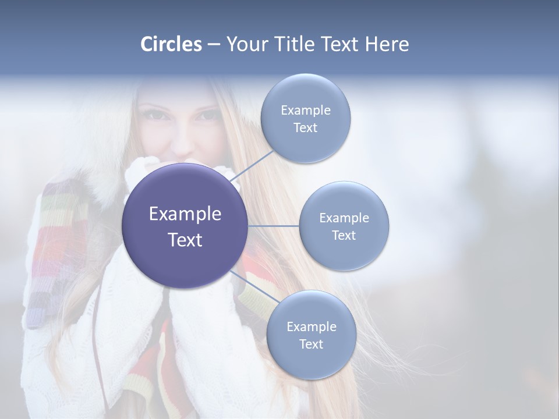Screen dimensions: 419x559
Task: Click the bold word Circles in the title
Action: click(x=171, y=44)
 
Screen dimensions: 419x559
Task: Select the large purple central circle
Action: click(x=185, y=226)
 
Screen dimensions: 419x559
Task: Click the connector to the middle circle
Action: click(x=274, y=226)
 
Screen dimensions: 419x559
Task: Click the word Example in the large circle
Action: click(x=185, y=214)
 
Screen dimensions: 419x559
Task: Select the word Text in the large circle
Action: click(x=185, y=240)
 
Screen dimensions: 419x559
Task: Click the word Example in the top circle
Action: click(x=306, y=111)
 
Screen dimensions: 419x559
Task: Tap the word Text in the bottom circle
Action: click(x=311, y=345)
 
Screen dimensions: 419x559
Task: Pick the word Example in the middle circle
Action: click(x=344, y=218)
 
